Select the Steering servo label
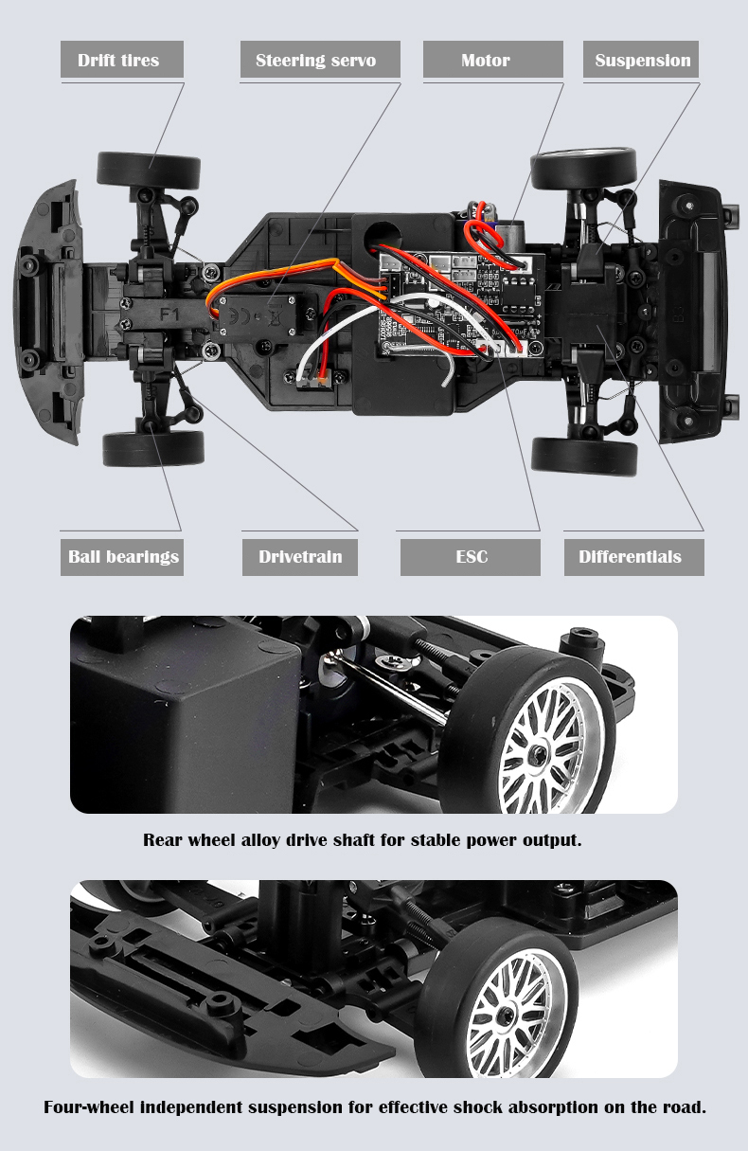click(315, 60)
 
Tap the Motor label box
click(486, 60)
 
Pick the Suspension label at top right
click(642, 60)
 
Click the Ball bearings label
click(123, 556)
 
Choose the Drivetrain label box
click(300, 556)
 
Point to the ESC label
click(471, 556)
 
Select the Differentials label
click(630, 556)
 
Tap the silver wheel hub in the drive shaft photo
click(539, 751)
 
